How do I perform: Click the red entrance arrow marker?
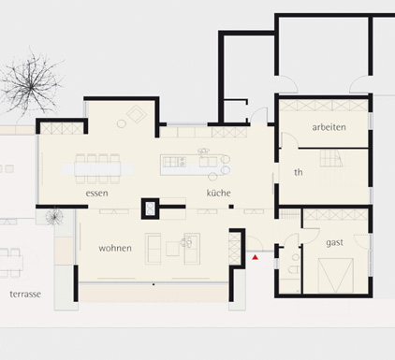(256, 257)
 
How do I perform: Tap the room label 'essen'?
(96, 194)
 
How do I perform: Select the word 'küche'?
(218, 193)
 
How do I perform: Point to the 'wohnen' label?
(115, 248)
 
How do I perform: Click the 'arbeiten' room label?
(329, 127)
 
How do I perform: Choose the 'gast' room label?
(334, 242)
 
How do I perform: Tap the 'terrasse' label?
(25, 294)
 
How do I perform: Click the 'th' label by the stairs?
(299, 172)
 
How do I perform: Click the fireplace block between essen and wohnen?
(150, 209)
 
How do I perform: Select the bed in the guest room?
(335, 275)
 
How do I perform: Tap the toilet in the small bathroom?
(294, 269)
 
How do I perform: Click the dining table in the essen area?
(97, 169)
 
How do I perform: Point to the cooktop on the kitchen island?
(170, 162)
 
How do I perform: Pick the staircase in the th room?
(331, 158)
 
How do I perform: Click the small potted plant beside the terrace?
(55, 215)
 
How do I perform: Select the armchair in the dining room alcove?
(137, 114)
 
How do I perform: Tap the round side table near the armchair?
(122, 124)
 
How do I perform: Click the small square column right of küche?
(231, 207)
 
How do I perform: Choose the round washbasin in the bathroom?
(296, 257)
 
